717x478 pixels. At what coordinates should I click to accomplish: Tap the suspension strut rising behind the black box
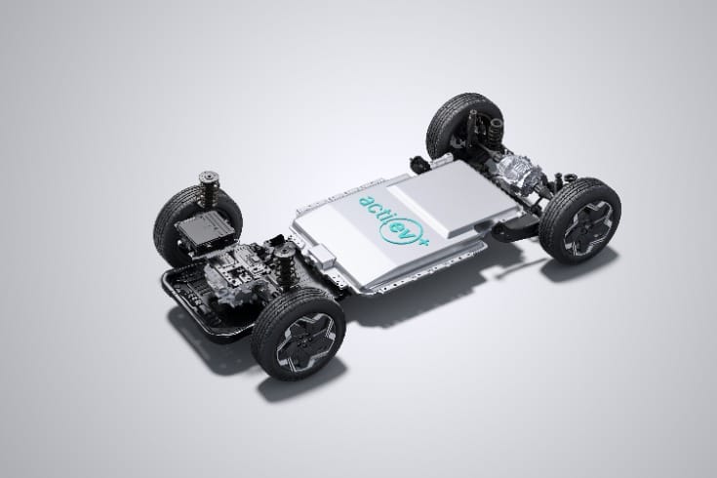point(207,186)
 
